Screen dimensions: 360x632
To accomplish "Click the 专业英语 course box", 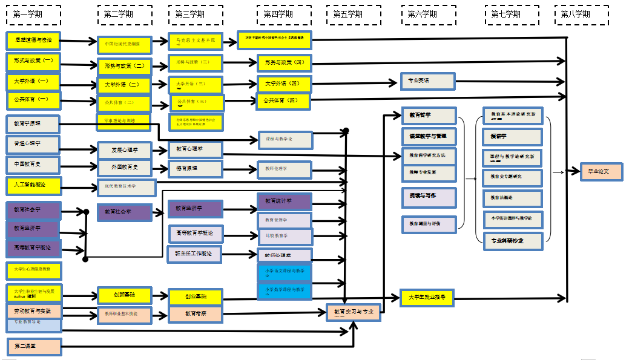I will (427, 80).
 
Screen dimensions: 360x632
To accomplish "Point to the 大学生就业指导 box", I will (426, 297).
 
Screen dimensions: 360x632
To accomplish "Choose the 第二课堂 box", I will (34, 347).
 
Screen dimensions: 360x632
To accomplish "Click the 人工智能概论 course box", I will (34, 185).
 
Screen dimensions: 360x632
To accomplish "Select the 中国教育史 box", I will (33, 165).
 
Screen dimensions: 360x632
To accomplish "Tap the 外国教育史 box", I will (125, 168).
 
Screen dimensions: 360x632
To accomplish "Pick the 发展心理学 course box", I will (125, 149).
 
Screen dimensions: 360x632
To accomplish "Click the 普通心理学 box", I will (33, 145).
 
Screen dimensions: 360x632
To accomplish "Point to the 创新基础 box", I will (124, 295).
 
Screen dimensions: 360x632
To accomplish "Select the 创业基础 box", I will (196, 296).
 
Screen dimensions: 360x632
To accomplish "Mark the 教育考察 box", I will (196, 313).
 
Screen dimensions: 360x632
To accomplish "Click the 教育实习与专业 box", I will (354, 312).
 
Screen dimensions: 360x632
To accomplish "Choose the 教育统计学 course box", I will (285, 201).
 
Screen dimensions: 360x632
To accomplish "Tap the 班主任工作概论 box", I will (194, 254).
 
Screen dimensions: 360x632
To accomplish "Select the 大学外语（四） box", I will (285, 83).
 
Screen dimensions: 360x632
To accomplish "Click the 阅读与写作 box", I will (428, 197).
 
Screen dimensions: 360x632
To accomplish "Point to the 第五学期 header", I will (354, 15).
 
